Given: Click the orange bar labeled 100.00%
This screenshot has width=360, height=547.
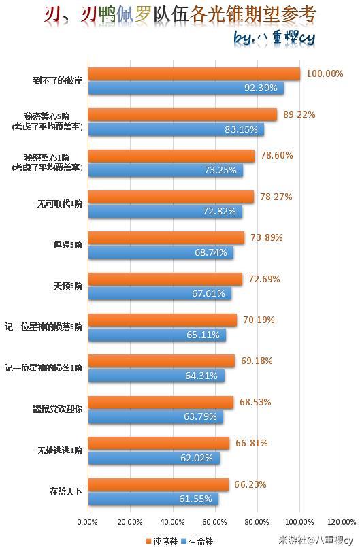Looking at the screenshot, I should pos(194,74).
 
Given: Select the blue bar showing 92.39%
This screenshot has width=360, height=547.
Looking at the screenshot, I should pos(186,88).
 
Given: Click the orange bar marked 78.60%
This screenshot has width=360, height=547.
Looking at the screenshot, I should pos(171,156).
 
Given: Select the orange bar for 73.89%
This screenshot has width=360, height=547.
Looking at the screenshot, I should pos(166,238).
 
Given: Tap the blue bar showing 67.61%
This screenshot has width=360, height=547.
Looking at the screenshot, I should pos(160,293).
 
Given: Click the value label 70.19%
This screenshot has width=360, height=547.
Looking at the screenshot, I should pos(257,320).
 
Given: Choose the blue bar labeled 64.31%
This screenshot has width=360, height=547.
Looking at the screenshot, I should pos(157,376).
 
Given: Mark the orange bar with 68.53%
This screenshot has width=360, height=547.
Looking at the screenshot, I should pos(161,402).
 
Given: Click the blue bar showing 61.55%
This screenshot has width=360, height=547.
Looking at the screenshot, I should pos(153,499).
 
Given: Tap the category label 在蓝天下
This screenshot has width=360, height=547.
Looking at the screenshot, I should pos(65,491).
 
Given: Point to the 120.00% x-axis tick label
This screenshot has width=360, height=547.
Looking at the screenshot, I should pos(342,522).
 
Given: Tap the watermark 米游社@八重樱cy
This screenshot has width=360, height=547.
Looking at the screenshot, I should pos(317,540).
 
